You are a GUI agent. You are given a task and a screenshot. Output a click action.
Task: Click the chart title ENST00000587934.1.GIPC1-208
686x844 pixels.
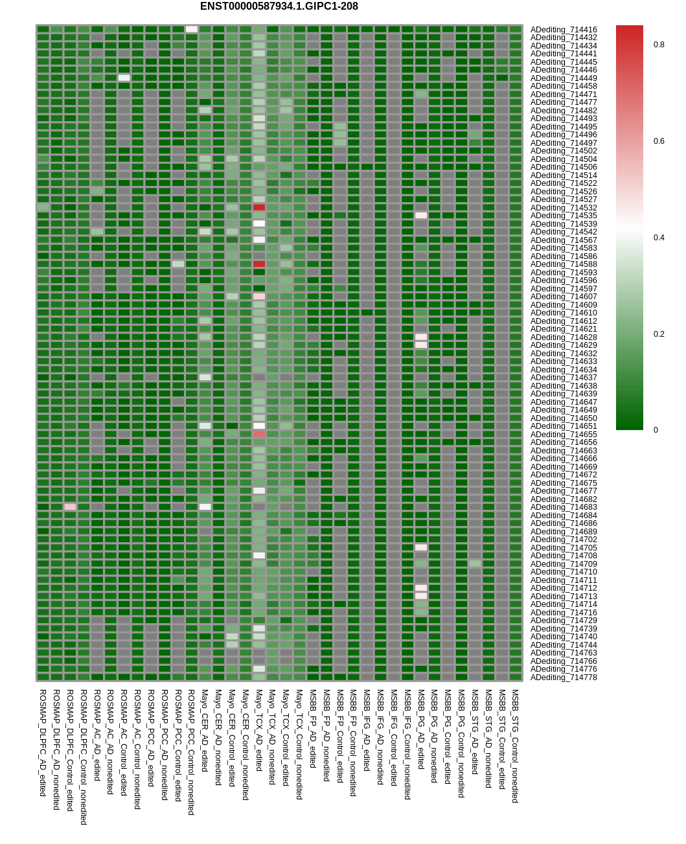pos(279,6)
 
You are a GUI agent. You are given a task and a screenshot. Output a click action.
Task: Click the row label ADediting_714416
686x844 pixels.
pos(564,30)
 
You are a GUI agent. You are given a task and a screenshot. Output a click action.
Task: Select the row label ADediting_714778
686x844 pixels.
pos(564,678)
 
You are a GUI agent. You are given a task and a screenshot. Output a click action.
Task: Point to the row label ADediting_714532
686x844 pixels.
pos(564,208)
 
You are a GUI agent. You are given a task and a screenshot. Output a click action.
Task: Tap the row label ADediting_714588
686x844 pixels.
pos(564,264)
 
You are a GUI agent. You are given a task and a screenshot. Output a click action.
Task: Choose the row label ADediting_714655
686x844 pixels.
pos(564,435)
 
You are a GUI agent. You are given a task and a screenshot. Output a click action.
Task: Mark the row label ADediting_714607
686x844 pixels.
pos(564,297)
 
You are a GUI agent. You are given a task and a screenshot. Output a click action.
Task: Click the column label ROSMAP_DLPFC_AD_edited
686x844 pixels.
pos(43,742)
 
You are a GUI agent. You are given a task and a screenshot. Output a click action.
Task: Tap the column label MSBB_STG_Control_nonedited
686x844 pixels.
pos(516,746)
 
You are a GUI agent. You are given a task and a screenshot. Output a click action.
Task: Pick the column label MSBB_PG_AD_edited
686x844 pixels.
pos(421,729)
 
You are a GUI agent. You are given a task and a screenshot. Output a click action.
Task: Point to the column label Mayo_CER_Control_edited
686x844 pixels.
pos(232,737)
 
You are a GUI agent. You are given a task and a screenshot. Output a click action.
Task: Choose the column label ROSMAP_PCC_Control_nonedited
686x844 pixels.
pos(191,751)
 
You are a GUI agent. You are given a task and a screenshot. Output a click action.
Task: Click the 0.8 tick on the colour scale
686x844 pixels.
pos(659,45)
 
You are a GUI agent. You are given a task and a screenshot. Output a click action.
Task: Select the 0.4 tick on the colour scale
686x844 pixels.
pos(659,238)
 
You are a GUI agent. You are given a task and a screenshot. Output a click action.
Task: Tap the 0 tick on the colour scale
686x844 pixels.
pos(656,430)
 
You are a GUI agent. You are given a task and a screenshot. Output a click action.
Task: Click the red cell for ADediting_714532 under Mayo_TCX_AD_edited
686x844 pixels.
pos(259,207)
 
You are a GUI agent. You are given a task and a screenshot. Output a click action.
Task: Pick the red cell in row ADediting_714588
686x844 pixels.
pos(259,264)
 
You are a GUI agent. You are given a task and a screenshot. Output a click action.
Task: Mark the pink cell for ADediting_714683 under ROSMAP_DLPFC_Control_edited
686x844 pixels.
pos(70,507)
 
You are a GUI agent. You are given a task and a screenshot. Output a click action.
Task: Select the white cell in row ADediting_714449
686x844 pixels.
pos(124,78)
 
